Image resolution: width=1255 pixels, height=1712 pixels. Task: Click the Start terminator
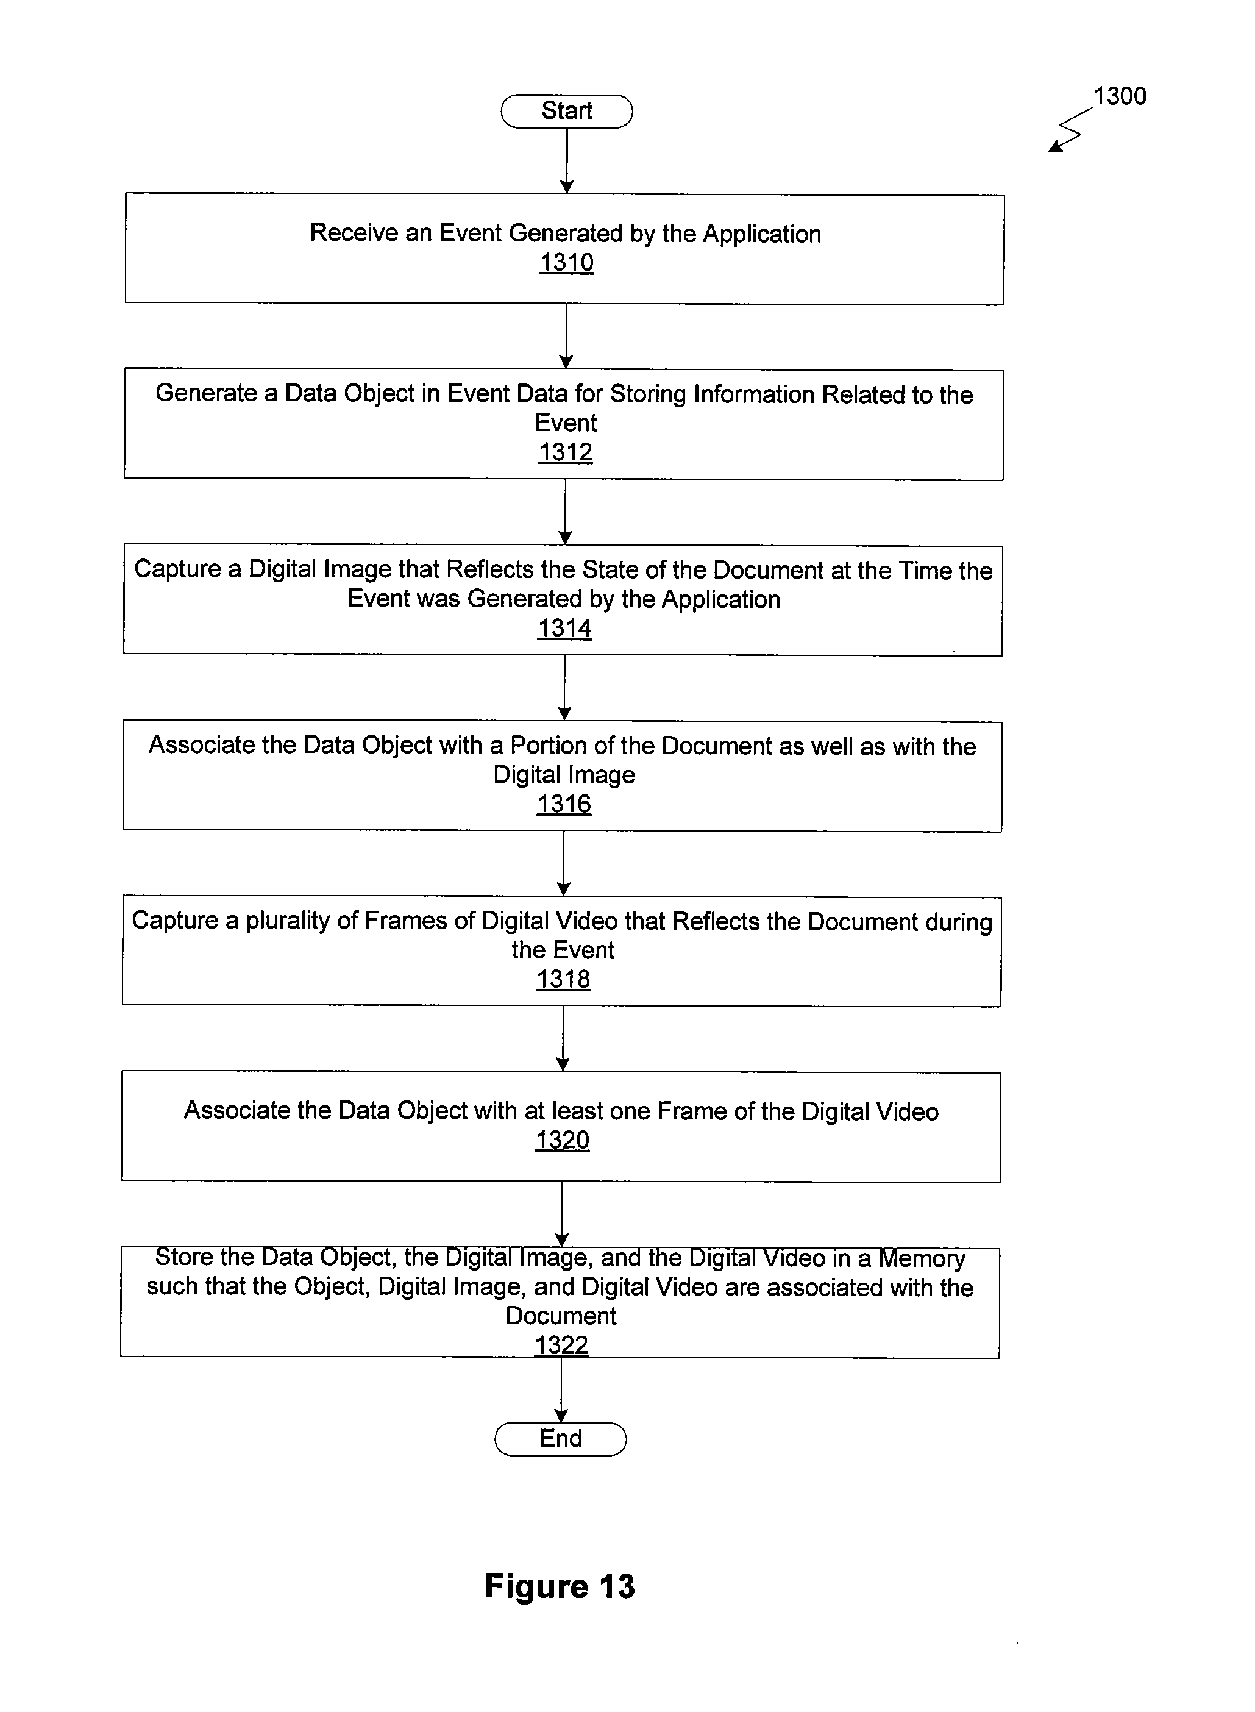click(x=567, y=111)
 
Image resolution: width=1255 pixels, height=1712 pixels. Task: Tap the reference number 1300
click(x=1120, y=96)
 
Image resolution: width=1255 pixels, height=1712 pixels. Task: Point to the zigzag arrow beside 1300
click(x=1070, y=130)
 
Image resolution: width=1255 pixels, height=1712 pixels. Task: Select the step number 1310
click(x=566, y=262)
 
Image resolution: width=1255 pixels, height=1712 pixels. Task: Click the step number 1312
click(x=565, y=452)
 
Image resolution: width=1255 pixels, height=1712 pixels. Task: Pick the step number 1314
click(x=564, y=629)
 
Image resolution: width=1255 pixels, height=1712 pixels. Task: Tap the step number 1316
click(x=564, y=804)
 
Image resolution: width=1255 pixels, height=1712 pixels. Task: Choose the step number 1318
click(x=563, y=980)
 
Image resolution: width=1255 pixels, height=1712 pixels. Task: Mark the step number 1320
click(x=562, y=1140)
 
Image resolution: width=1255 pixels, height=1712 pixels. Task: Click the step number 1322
click(x=561, y=1344)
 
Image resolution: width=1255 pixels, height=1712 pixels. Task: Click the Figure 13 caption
click(x=560, y=1586)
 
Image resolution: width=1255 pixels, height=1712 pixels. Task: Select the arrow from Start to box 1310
click(x=567, y=161)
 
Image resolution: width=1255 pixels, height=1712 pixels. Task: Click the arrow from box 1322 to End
click(x=561, y=1390)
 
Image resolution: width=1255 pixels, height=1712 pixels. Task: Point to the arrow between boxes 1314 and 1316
click(x=564, y=688)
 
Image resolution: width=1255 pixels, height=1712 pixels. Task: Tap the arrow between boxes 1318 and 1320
click(x=563, y=1039)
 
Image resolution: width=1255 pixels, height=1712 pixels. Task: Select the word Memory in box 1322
click(x=922, y=1258)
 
